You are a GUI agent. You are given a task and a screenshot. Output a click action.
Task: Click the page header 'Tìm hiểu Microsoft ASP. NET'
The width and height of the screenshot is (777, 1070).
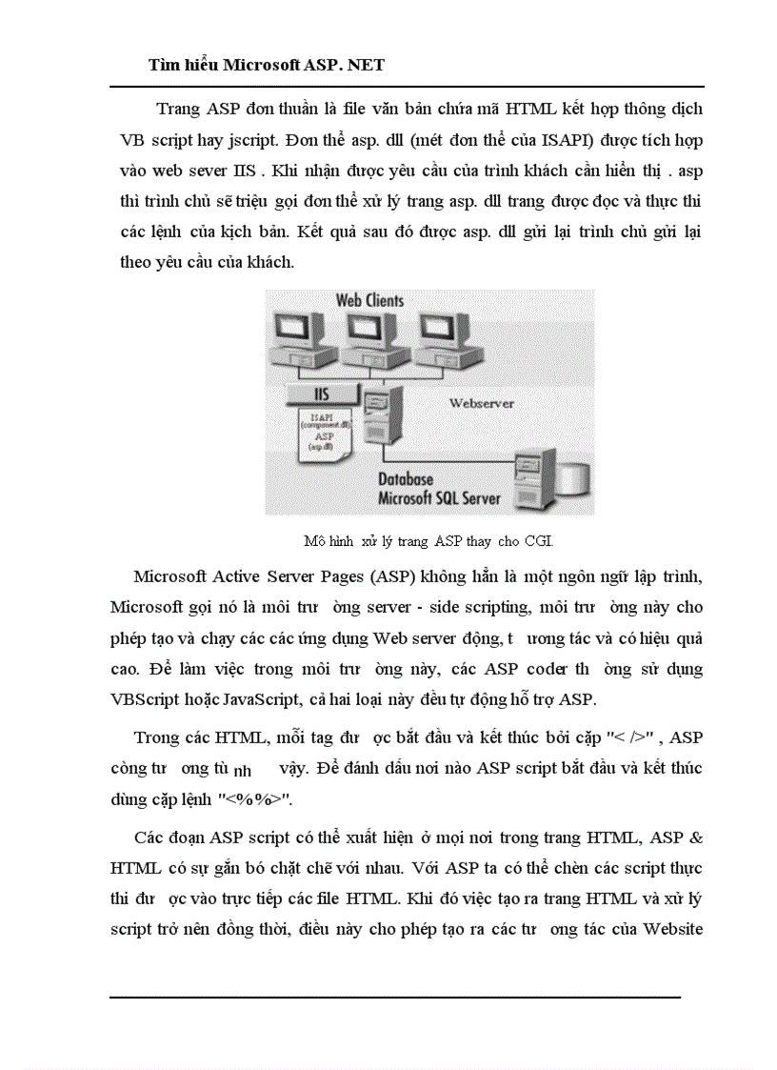pos(267,65)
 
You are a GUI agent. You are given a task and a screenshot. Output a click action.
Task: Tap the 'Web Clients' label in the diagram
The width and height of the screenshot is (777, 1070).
pos(369,300)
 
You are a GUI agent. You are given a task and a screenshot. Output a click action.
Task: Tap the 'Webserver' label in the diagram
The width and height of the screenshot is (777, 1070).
pos(481,403)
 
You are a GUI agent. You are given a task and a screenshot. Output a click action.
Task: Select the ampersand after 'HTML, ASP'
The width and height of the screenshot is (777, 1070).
pos(695,837)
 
